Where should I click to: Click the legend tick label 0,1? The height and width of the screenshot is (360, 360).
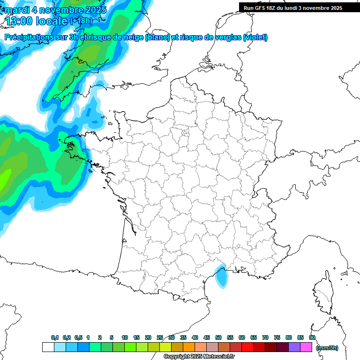(x=55, y=338)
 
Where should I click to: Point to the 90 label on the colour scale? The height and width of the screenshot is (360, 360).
(x=312, y=338)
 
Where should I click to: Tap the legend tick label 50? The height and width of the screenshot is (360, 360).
(x=218, y=338)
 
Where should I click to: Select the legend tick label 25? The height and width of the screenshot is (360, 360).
(x=160, y=338)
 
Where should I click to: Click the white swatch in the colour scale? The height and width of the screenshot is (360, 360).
(x=48, y=347)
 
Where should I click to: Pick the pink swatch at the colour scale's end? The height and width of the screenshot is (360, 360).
(x=306, y=347)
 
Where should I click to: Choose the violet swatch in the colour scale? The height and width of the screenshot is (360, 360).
(x=294, y=347)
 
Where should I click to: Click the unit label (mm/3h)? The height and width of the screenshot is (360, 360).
(x=327, y=348)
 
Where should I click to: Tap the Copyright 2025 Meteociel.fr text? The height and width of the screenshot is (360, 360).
(x=199, y=357)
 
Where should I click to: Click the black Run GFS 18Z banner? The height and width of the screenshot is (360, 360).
(x=299, y=8)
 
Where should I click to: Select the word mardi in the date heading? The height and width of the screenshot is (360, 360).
(x=17, y=10)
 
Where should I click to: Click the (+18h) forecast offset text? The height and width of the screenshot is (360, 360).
(x=81, y=21)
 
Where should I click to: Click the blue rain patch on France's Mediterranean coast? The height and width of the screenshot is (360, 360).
(x=220, y=275)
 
